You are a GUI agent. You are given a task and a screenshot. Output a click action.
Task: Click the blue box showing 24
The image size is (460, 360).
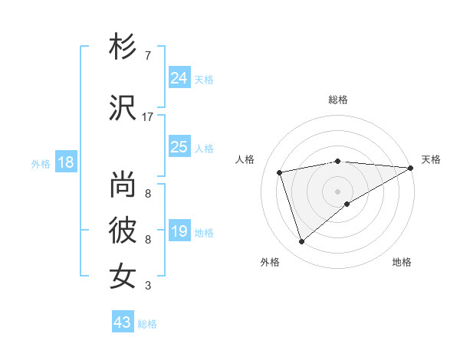[179, 77]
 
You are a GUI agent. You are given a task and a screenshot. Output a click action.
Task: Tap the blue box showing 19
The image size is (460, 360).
[179, 231]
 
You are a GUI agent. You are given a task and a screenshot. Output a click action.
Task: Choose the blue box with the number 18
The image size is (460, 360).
[65, 162]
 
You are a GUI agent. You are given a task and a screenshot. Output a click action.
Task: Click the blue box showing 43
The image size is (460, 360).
[123, 322]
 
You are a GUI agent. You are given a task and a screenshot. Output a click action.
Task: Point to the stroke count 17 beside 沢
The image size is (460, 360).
[148, 116]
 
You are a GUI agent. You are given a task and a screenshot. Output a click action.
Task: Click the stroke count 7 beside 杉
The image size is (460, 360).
[148, 56]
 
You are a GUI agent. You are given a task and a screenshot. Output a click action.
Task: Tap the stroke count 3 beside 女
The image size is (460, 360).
[148, 286]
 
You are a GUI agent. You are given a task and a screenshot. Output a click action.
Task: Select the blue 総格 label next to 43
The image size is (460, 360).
[147, 324]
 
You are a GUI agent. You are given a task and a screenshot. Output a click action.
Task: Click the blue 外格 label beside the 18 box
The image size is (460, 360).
[41, 164]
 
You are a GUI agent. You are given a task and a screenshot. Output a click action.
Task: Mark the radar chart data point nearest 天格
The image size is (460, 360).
[411, 168]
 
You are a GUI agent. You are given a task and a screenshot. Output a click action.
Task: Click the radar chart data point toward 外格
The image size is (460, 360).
[301, 242]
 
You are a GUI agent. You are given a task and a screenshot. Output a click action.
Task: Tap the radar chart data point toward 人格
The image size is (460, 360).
[280, 172]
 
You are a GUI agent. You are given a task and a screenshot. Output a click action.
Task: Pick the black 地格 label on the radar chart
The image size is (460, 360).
[402, 263]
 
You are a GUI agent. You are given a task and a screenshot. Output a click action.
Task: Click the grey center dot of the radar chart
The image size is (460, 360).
[337, 191]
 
